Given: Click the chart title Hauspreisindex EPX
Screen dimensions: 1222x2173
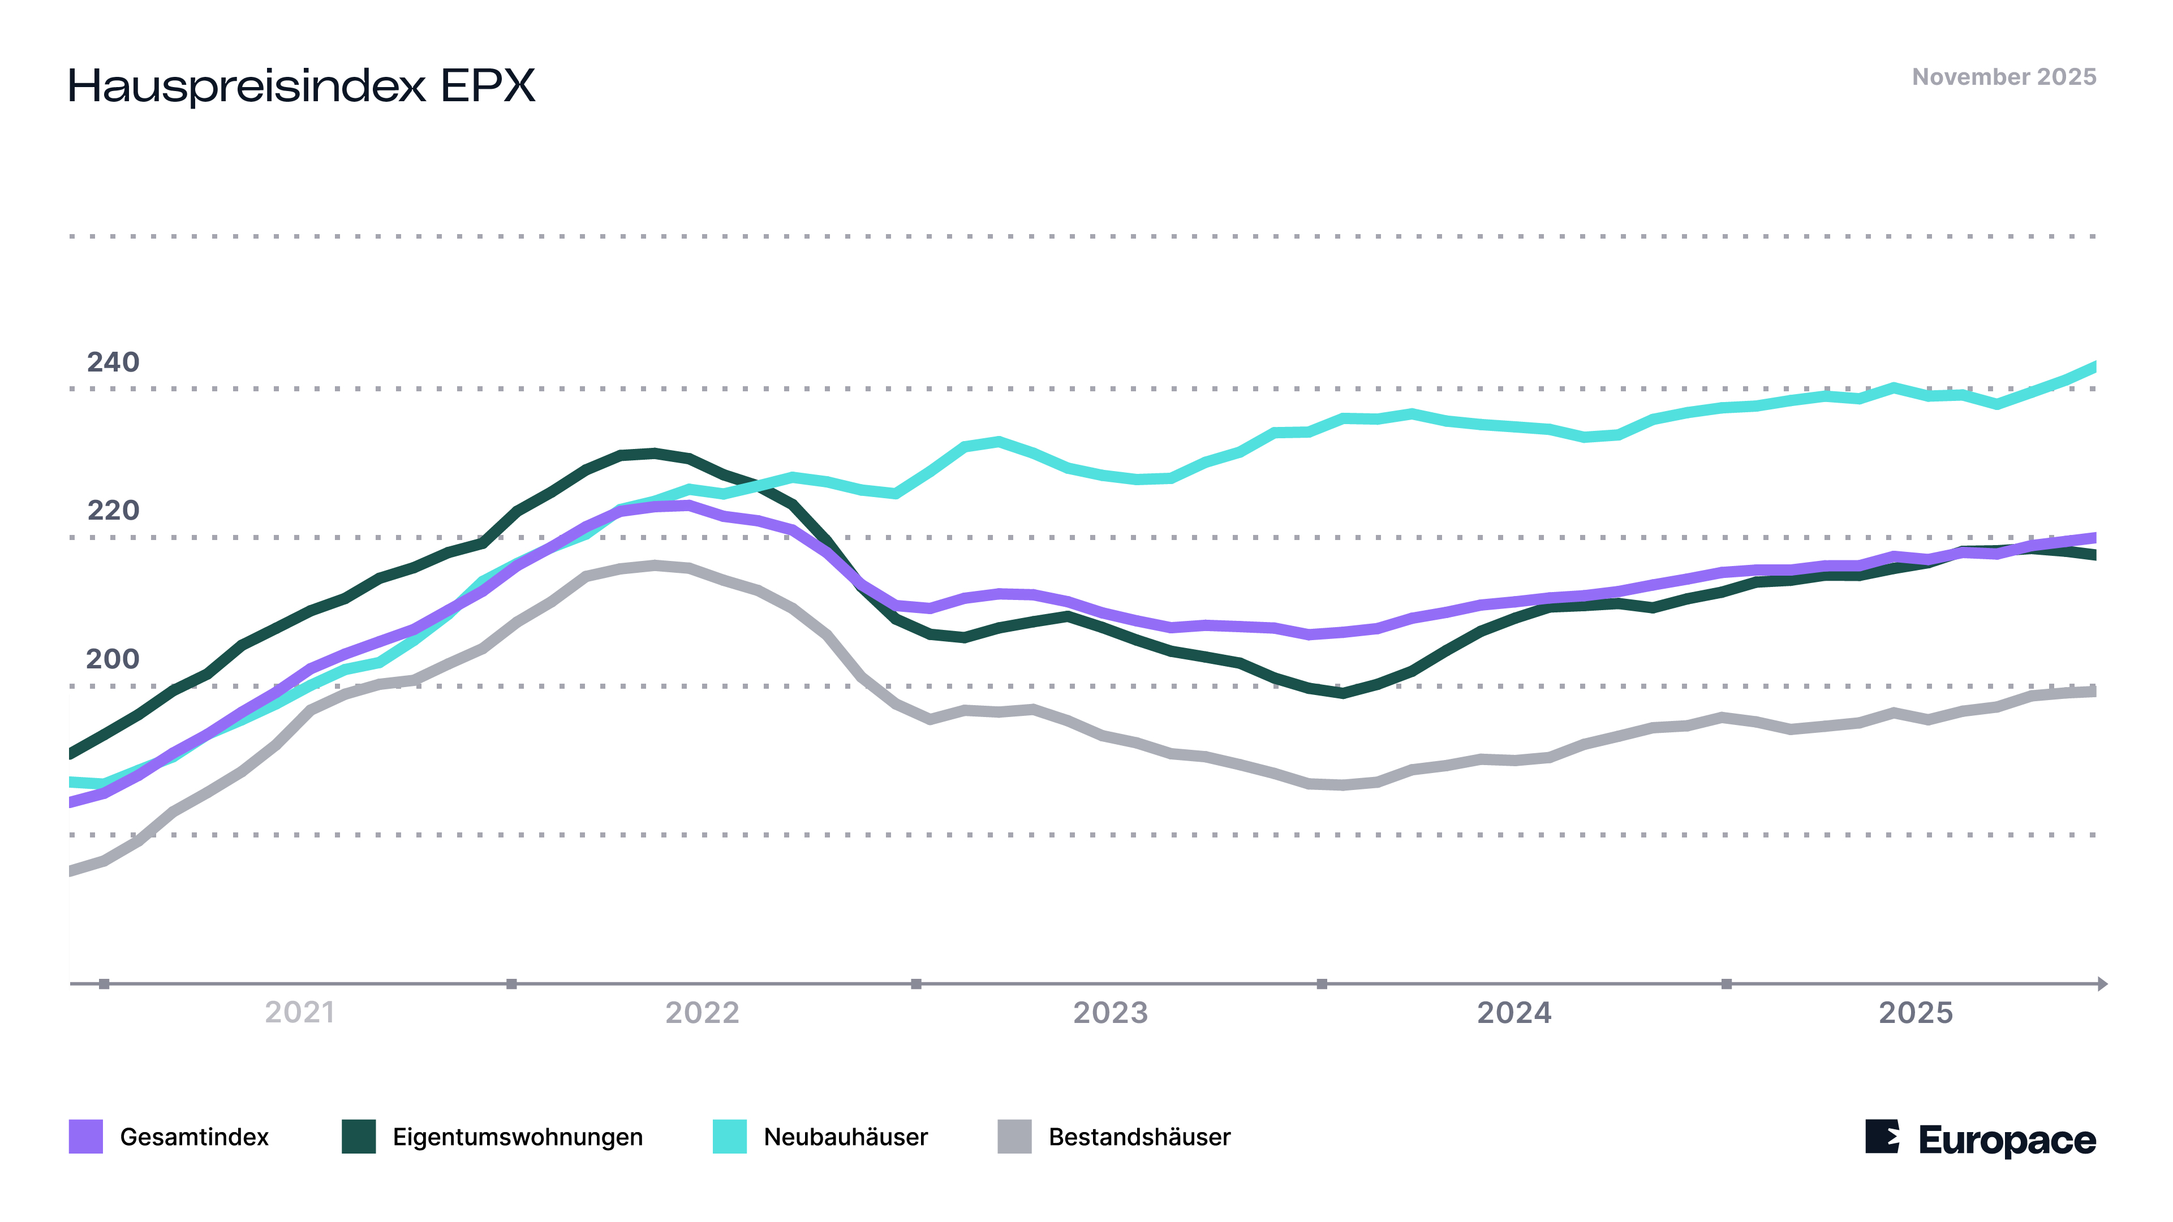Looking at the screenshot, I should click(301, 86).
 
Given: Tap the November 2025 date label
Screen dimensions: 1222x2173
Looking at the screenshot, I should click(2003, 77).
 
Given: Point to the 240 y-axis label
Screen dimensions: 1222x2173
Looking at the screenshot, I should click(113, 362).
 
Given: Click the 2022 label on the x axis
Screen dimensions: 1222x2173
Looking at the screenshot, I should click(702, 1012).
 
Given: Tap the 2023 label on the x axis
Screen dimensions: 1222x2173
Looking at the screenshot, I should click(1110, 1012).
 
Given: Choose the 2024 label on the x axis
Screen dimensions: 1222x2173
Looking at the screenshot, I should click(1514, 1012).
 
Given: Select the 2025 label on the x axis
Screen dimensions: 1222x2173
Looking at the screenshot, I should click(1916, 1012).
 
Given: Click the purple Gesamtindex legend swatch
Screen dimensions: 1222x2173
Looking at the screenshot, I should click(86, 1136).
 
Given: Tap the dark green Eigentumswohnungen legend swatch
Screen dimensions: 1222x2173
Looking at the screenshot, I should click(359, 1136).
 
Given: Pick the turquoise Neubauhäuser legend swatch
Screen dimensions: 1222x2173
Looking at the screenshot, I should click(730, 1136).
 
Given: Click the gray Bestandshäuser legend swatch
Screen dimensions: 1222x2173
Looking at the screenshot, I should click(1014, 1136).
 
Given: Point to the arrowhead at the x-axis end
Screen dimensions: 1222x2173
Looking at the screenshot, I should click(2102, 983).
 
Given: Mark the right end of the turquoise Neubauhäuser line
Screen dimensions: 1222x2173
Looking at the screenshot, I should click(2094, 367).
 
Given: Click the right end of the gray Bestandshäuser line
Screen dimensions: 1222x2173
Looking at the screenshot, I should click(2094, 690).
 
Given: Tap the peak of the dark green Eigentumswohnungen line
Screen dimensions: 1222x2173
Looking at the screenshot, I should click(654, 453).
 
